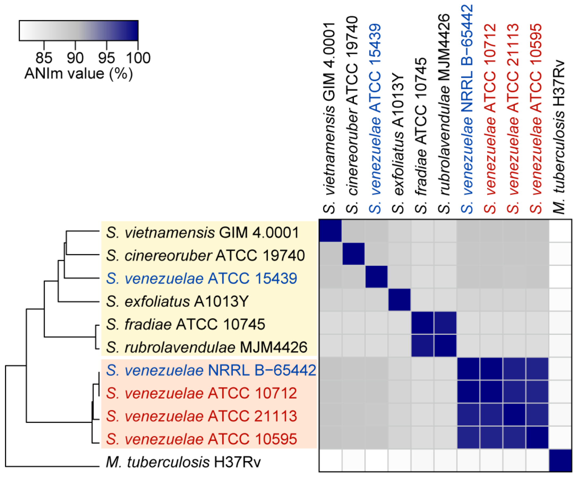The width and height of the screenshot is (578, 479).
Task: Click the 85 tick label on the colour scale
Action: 44,58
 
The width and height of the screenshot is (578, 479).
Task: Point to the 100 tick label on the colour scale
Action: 138,58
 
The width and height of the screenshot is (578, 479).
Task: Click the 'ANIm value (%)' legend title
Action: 79,73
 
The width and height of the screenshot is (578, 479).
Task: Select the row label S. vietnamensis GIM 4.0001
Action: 202,233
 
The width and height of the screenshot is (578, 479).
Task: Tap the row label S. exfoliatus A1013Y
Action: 177,301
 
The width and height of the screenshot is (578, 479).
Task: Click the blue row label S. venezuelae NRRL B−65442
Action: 211,370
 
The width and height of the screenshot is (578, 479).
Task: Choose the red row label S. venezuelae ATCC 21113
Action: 201,416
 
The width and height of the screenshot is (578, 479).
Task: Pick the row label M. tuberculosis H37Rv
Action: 183,462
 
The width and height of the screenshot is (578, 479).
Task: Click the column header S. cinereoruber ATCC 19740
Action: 352,116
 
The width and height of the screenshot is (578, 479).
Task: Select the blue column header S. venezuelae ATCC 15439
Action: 375,118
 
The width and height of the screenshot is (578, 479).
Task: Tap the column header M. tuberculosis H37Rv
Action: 559,138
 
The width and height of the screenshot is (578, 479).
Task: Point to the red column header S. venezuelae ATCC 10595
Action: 536,118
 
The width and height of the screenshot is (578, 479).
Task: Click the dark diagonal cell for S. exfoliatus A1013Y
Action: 399,300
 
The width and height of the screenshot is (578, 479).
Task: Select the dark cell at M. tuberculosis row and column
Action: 560,460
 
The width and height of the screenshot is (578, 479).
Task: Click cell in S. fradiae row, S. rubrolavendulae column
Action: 445,323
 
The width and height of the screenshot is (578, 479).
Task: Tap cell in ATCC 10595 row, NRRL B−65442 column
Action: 468,437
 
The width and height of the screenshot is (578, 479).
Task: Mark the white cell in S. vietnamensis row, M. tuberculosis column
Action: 560,231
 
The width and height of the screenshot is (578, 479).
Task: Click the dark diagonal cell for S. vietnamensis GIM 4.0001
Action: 330,231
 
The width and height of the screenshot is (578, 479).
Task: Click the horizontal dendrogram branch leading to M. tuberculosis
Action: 52,467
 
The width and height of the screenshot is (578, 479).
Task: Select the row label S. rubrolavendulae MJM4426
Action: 206,347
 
